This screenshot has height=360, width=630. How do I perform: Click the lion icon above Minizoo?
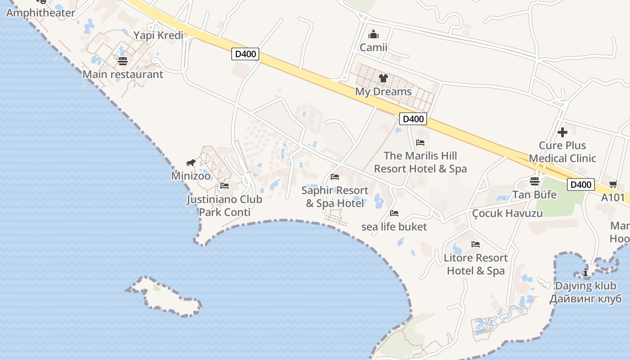191,162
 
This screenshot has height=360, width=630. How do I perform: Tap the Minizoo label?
191,175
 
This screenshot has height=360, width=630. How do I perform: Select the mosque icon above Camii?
373,35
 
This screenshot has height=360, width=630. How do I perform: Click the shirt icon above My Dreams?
383,78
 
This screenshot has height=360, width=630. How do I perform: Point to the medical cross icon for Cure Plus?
562,132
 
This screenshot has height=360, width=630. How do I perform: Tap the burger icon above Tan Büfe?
535,181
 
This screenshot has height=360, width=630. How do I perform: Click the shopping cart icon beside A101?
613,184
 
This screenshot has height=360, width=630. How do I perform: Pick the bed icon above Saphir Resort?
335,177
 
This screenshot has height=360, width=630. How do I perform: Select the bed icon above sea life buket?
394,213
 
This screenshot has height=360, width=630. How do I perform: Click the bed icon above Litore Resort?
476,244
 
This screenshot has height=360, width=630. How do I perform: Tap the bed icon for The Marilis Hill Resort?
420,143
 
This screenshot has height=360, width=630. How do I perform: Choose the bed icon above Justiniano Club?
225,185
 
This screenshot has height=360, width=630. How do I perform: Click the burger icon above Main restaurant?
123,61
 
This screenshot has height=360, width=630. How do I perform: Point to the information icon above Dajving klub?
585,272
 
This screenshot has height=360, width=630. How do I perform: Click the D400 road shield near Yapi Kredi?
246,54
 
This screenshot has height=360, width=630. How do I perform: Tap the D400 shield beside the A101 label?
580,184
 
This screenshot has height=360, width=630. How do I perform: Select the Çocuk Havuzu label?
508,213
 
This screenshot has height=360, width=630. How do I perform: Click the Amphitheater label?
40,13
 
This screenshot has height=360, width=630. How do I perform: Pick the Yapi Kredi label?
158,36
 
